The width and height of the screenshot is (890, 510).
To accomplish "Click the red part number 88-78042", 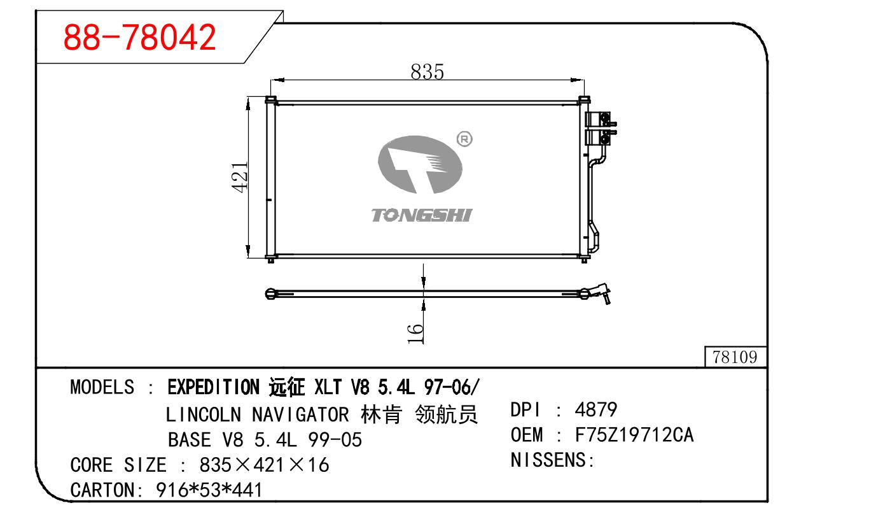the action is [139, 38].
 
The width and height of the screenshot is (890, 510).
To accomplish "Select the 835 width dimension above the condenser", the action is [427, 72].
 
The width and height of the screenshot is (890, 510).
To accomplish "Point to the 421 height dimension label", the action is [240, 177].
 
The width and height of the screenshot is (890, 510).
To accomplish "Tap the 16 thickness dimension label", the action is [415, 333].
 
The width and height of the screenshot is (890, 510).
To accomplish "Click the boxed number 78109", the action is [735, 357].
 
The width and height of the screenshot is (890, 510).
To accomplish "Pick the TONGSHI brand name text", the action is [422, 215].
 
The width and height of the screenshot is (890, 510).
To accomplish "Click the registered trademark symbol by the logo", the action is [464, 139].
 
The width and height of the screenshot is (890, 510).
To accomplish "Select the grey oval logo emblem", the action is [420, 164].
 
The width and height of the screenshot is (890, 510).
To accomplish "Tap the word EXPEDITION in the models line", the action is [213, 386].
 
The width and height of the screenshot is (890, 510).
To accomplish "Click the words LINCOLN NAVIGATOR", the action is [258, 414].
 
